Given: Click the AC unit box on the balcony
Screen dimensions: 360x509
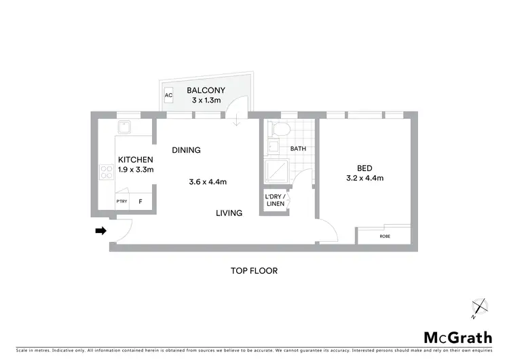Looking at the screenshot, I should click(x=169, y=95).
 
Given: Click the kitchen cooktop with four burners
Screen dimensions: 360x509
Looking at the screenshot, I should click(x=107, y=173).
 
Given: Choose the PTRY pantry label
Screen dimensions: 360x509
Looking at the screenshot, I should click(x=121, y=202).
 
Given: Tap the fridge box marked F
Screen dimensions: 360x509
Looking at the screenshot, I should click(x=140, y=202).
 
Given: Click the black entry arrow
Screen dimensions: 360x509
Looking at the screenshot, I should click(x=100, y=231).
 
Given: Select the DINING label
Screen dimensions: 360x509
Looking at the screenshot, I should click(x=186, y=150).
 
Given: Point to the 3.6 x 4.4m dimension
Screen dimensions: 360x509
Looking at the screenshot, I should click(x=208, y=181).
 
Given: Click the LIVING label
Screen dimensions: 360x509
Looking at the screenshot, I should click(x=229, y=213).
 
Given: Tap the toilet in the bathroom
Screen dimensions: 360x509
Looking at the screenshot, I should click(x=280, y=130).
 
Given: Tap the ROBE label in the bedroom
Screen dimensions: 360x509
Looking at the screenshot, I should click(x=385, y=236).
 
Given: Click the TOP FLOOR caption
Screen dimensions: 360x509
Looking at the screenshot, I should click(x=254, y=270).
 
